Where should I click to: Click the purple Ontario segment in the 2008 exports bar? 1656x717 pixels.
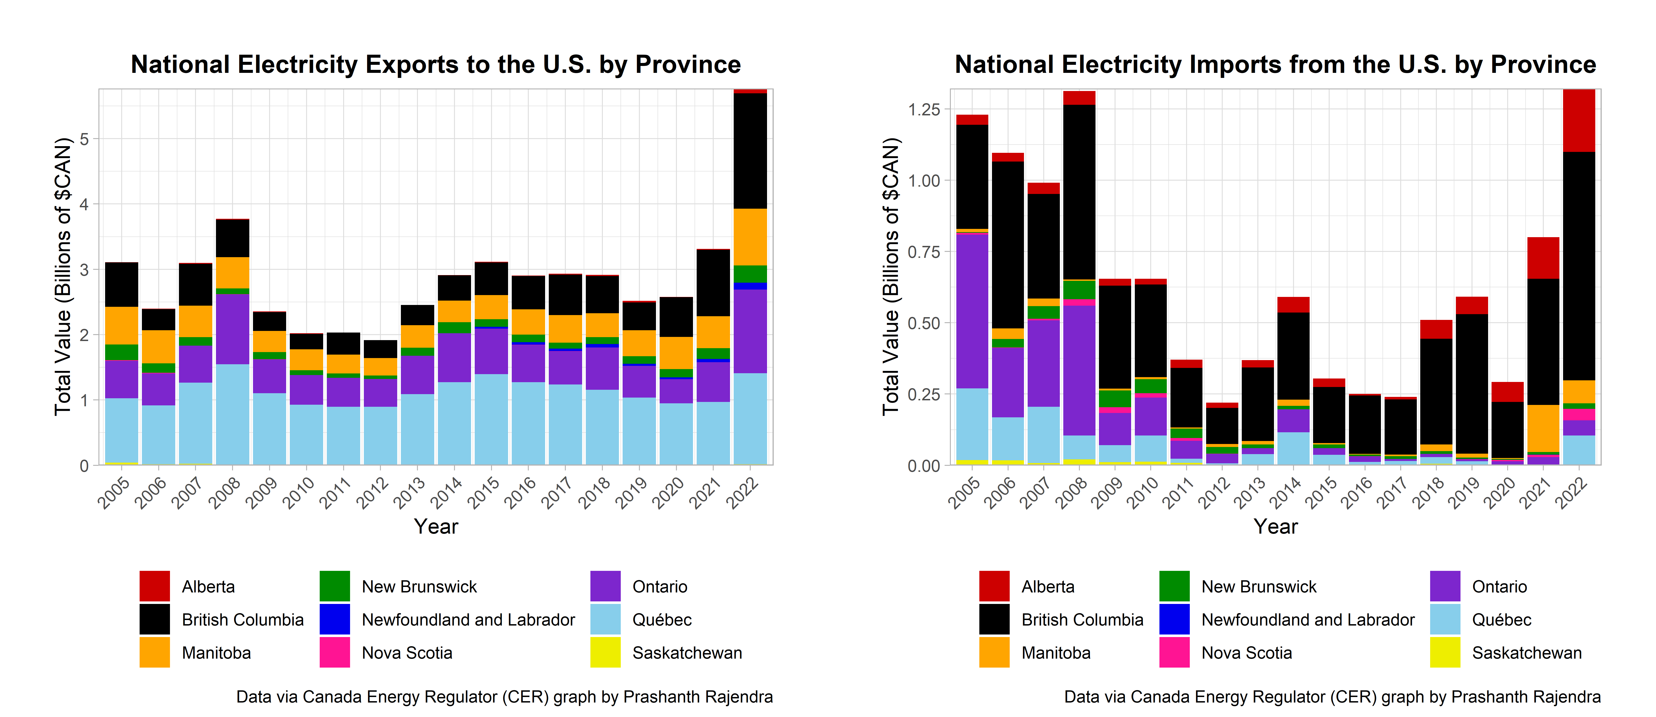(233, 329)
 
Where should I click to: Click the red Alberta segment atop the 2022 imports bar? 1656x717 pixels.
(1579, 121)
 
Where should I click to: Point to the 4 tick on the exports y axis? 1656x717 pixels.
(84, 204)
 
